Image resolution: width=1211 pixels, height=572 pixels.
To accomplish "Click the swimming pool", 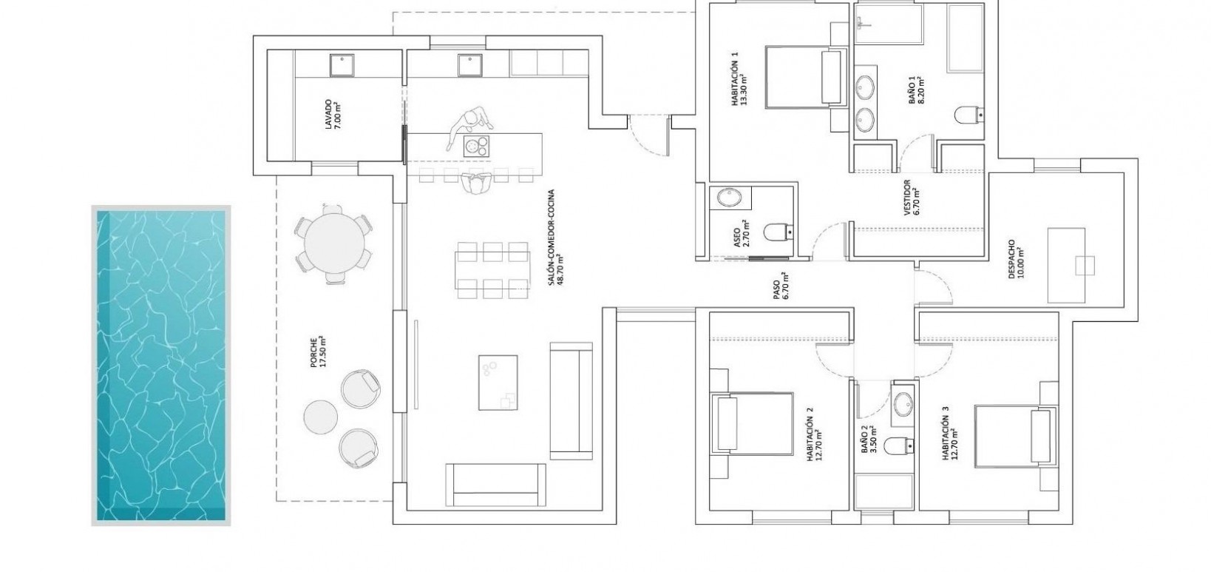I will point(160,366).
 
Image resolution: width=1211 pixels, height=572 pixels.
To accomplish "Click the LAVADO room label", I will point(332,115).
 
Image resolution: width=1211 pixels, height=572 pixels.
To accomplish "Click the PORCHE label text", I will point(319,353).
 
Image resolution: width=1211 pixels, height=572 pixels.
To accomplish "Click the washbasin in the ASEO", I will point(730,198).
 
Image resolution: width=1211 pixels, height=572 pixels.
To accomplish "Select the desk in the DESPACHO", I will point(1067,265).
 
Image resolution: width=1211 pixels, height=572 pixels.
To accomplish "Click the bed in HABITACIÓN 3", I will point(1014,437).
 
